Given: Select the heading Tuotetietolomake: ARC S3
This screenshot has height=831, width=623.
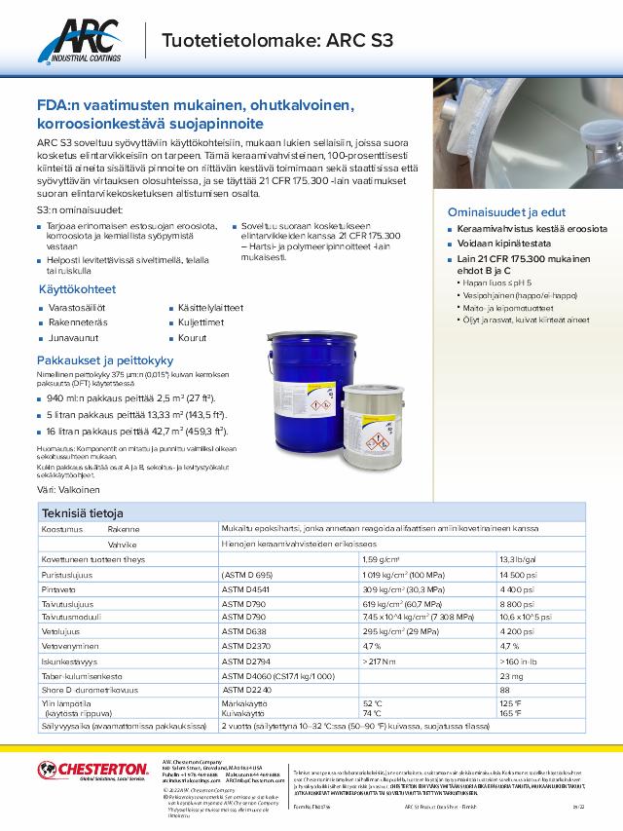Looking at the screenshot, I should pyautogui.click(x=276, y=40).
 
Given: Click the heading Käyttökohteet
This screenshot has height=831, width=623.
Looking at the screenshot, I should pyautogui.click(x=77, y=289).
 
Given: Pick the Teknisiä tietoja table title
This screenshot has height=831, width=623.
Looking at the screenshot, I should pyautogui.click(x=82, y=513).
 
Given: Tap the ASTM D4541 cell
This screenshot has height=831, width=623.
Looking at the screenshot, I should pyautogui.click(x=248, y=588).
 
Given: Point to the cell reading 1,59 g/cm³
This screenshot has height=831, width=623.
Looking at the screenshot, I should pyautogui.click(x=383, y=560).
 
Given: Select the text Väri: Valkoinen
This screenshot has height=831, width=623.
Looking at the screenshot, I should pyautogui.click(x=72, y=489).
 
